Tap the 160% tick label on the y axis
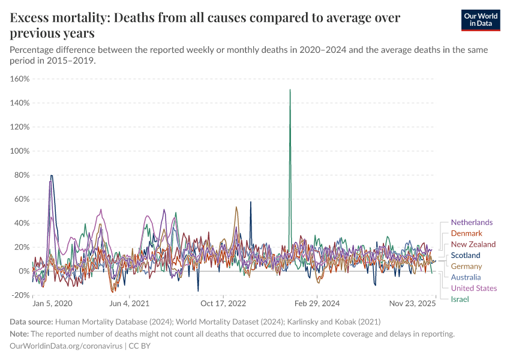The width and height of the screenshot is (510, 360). click(20, 79)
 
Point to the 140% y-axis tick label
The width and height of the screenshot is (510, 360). click(20, 103)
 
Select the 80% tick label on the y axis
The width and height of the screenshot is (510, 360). click(22, 175)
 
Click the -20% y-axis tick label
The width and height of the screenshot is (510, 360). click(20, 295)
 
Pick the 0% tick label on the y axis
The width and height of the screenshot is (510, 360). click(24, 271)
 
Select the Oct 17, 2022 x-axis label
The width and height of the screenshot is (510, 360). click(223, 304)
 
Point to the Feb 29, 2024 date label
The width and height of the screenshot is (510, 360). click(317, 304)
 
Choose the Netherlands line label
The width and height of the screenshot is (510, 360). click(472, 223)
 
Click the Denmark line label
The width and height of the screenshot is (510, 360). click(466, 233)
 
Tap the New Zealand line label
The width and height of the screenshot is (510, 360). click(473, 244)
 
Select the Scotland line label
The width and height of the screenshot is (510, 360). click(466, 255)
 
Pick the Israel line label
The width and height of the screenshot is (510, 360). click(460, 299)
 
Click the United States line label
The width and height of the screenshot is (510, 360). click(473, 288)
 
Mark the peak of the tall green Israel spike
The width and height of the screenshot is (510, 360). click(290, 90)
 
